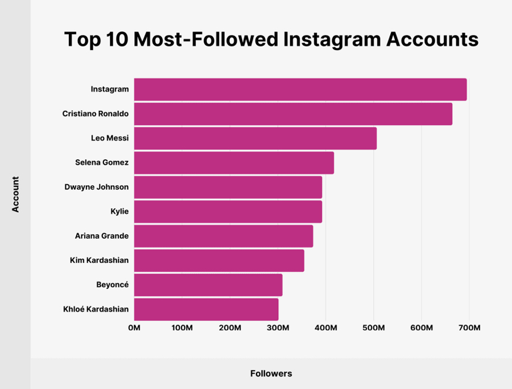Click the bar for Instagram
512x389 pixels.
(300, 89)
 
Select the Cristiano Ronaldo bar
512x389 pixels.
(293, 114)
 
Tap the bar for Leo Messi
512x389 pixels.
(255, 138)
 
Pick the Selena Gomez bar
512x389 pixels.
(234, 163)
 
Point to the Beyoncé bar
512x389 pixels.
(208, 285)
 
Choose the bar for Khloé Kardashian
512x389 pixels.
(206, 309)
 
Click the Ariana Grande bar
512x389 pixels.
(223, 236)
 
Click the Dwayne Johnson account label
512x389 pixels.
(97, 187)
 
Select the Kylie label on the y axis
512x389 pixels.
(119, 212)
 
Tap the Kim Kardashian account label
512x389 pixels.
(99, 260)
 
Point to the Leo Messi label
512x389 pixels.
(110, 138)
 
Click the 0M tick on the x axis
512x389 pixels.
(134, 328)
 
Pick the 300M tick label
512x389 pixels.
(278, 328)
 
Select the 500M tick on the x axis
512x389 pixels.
(374, 328)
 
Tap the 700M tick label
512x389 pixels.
(469, 328)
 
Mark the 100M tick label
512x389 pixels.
(182, 328)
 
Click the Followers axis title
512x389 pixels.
(271, 374)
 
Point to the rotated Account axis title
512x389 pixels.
(15, 194)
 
